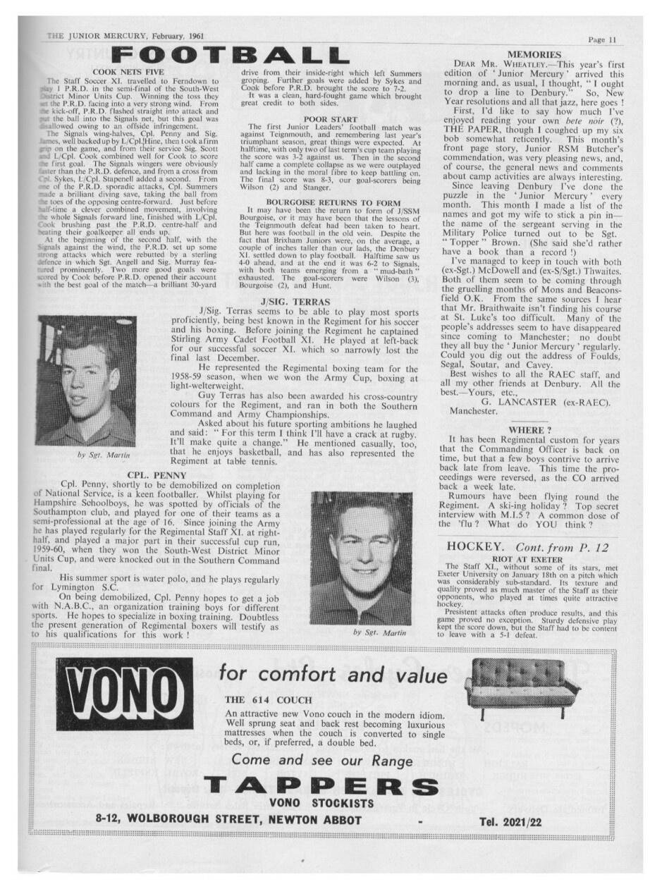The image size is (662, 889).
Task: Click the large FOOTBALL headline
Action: click(x=229, y=55)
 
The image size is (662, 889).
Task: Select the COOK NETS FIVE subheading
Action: click(x=128, y=72)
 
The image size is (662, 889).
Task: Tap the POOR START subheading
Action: click(x=330, y=118)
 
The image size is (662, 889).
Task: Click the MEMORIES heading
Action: click(x=534, y=55)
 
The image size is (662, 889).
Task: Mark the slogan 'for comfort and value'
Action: click(x=332, y=675)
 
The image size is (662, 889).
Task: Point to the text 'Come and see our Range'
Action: click(x=322, y=761)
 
